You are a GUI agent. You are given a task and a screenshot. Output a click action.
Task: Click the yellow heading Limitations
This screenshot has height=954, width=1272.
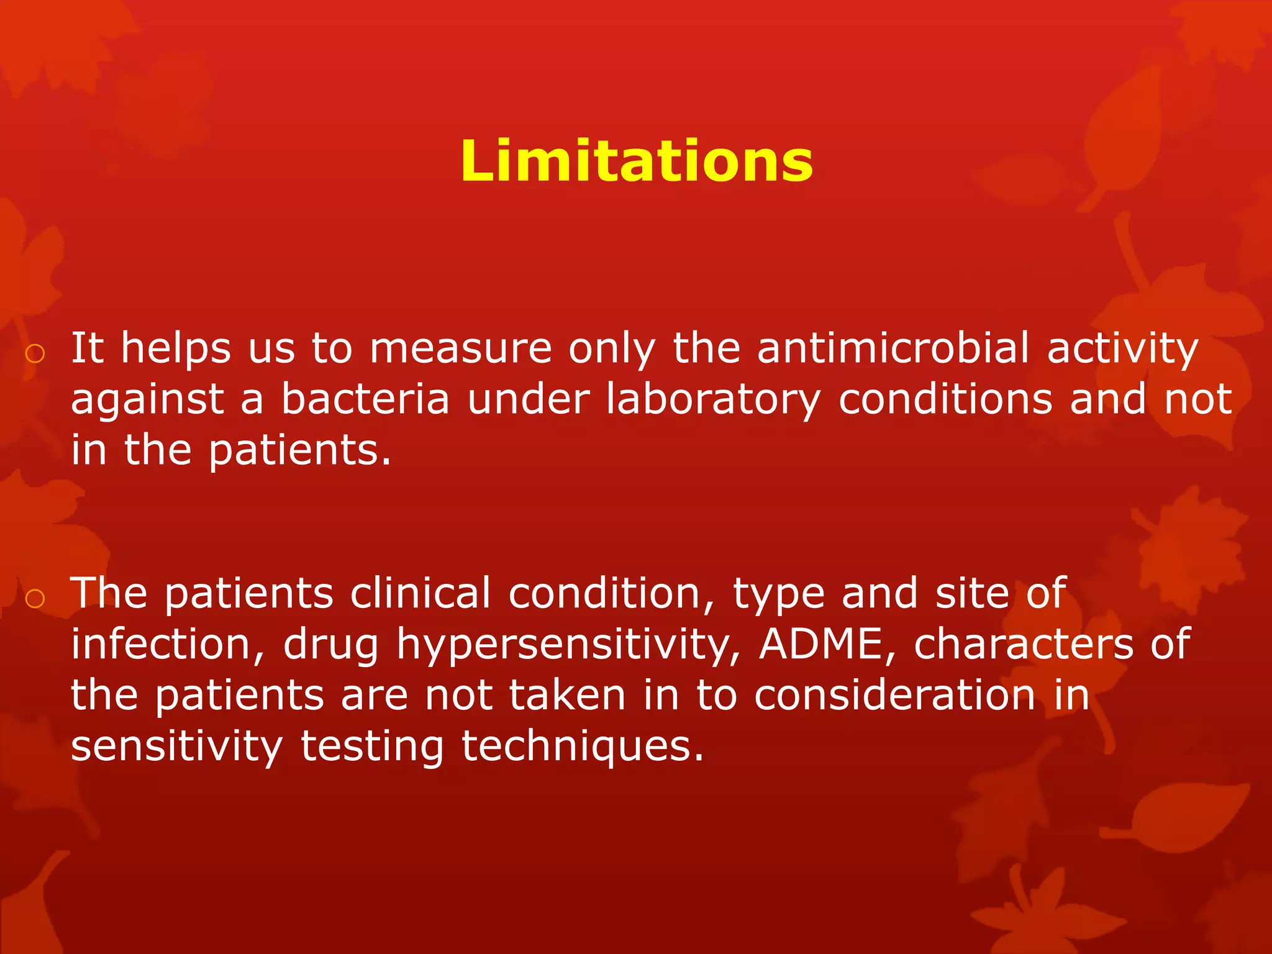pyautogui.click(x=637, y=161)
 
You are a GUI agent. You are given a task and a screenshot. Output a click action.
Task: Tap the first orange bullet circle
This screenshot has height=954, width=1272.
pyautogui.click(x=35, y=353)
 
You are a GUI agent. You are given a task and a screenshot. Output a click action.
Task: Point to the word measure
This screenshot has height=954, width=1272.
pyautogui.click(x=460, y=348)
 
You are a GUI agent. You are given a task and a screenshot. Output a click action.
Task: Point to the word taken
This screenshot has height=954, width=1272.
pyautogui.click(x=567, y=695)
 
